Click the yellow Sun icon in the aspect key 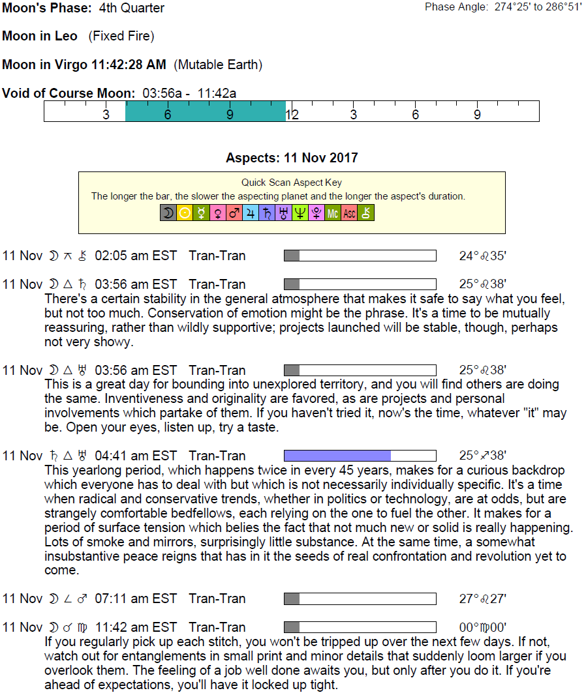pos(185,213)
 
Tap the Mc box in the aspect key pos(333,213)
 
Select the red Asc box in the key pos(349,213)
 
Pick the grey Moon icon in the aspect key pos(168,213)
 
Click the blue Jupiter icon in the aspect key pos(251,213)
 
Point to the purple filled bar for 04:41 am pos(337,456)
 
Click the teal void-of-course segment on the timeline pos(206,111)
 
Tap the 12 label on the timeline pos(292,115)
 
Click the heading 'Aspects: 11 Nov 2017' pos(292,158)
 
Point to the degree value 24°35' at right pos(482,256)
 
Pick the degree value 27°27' pos(482,599)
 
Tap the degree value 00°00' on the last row pos(482,628)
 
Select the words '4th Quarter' pos(132,8)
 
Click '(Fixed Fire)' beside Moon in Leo pos(121,37)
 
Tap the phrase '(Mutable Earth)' pos(218,65)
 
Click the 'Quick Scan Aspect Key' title pos(292,183)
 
